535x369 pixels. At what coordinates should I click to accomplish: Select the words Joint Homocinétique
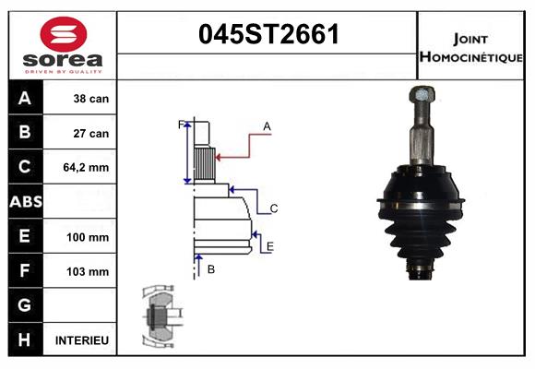(x=472, y=47)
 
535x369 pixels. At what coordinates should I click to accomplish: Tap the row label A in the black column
(x=25, y=99)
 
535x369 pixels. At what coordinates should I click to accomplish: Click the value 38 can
(x=90, y=99)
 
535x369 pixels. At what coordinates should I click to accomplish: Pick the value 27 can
(x=90, y=133)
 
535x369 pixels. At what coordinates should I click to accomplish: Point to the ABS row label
(x=25, y=202)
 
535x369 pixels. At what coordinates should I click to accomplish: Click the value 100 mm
(x=89, y=237)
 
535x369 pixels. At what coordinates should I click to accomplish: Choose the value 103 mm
(x=89, y=271)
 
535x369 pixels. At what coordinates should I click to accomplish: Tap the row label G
(x=25, y=305)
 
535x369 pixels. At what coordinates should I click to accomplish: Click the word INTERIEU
(x=82, y=340)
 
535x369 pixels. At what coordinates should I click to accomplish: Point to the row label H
(x=25, y=340)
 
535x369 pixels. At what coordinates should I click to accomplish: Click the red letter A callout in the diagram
(x=267, y=125)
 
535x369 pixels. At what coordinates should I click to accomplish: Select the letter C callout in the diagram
(x=274, y=208)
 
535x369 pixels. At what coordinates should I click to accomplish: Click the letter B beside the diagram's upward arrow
(x=211, y=268)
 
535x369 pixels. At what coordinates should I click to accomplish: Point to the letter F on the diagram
(x=181, y=124)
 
